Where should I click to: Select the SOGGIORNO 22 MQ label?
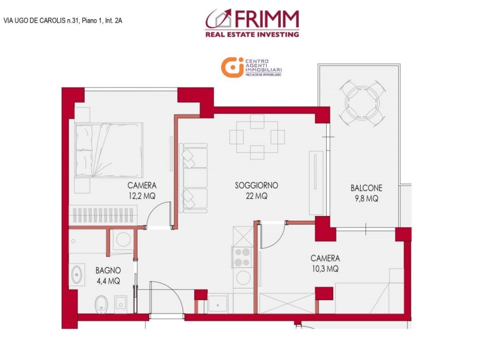[x=256, y=191]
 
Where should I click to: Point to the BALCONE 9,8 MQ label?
[x=366, y=193]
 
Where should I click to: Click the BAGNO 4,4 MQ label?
[x=108, y=276]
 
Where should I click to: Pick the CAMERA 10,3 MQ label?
[x=325, y=263]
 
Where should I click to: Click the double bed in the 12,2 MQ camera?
[x=109, y=150]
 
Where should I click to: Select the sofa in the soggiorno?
[x=194, y=178]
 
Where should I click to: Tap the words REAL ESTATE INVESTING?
[x=252, y=34]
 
